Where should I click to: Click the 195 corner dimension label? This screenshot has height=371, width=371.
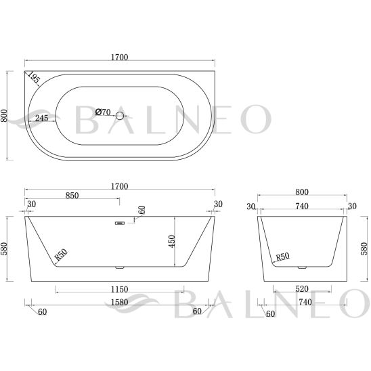[33, 77]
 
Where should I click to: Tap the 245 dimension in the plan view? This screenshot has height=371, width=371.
[42, 118]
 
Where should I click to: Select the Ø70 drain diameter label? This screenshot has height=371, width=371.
[103, 112]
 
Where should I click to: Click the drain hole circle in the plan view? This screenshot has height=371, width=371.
[120, 116]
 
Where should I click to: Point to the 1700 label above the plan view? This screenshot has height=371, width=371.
[119, 57]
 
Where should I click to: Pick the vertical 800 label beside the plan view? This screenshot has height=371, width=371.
[4, 116]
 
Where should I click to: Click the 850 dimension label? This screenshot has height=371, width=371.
[72, 196]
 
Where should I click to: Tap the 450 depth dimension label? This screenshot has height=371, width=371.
[172, 241]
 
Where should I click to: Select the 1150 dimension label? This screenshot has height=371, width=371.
[119, 289]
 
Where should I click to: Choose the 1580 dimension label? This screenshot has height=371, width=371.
[119, 302]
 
